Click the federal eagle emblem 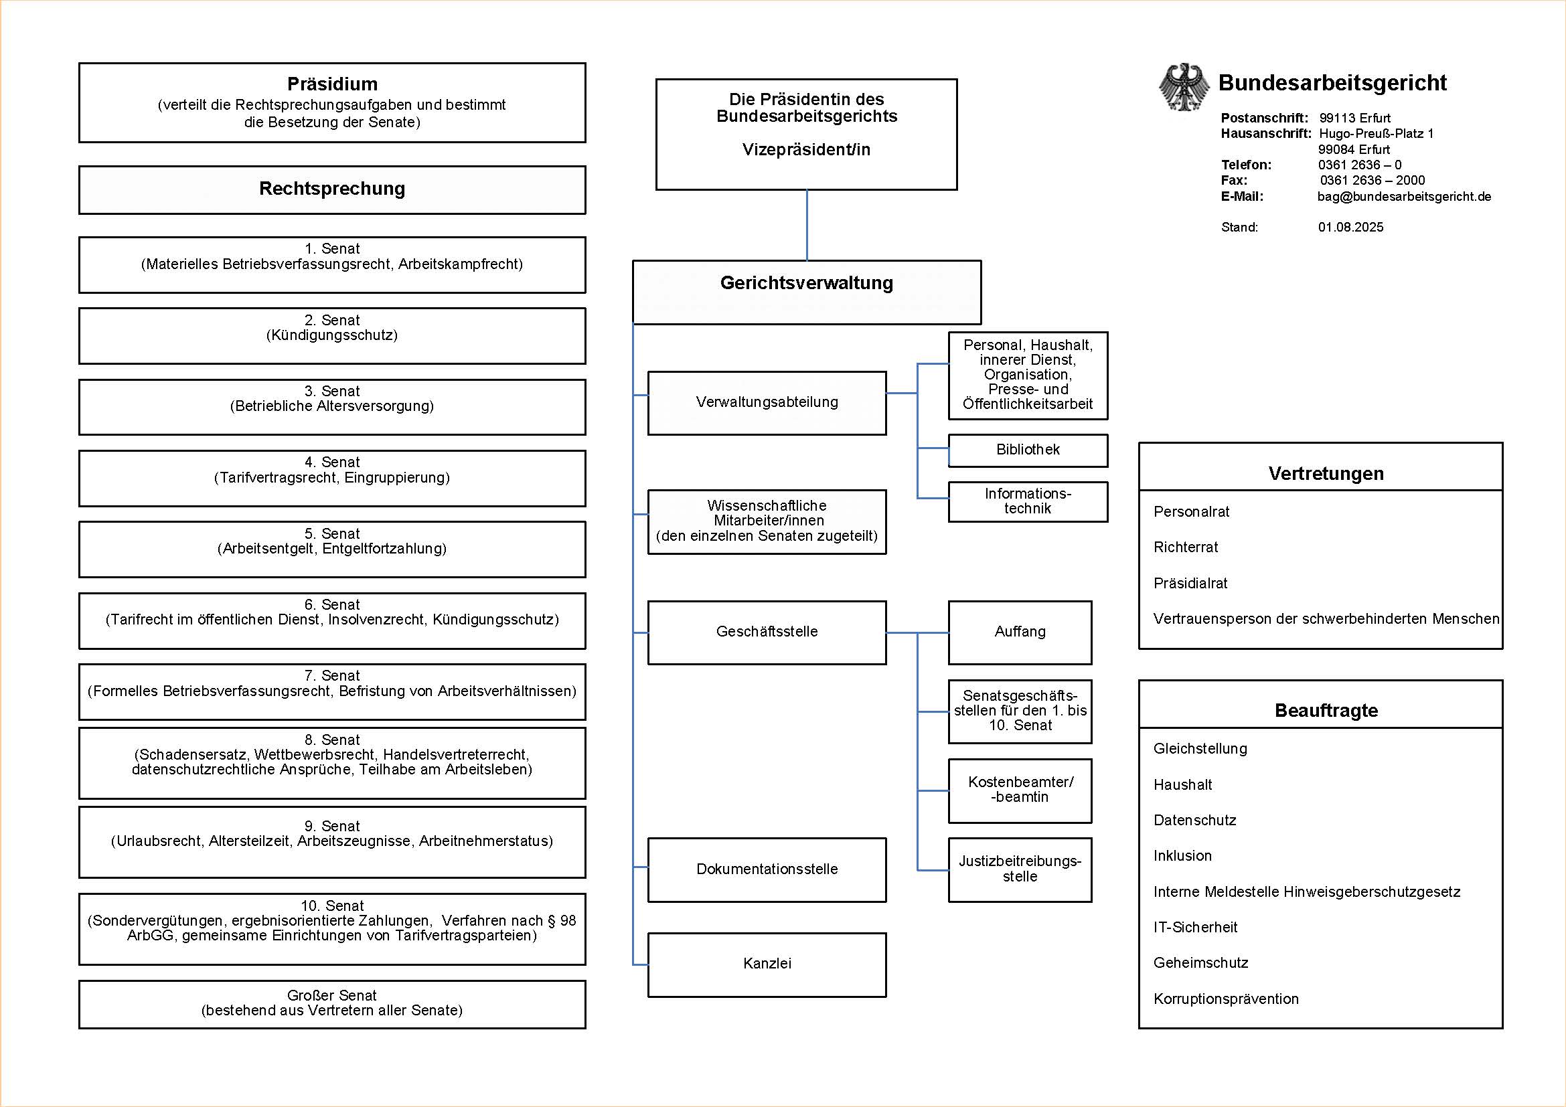(1185, 87)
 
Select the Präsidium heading (332, 84)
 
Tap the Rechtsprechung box (332, 189)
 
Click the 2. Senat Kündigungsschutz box (332, 336)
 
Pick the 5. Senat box (332, 549)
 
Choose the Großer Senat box (332, 1004)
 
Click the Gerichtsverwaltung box (807, 292)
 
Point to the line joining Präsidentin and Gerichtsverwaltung (807, 225)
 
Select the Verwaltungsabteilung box (767, 403)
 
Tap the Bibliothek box (1028, 450)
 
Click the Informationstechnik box (1028, 502)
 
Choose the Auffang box (1020, 632)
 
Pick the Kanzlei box (767, 964)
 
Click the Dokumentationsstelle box (767, 870)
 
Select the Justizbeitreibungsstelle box (1020, 870)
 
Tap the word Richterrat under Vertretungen (1186, 547)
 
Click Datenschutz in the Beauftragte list (1194, 820)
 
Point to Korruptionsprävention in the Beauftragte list (1226, 999)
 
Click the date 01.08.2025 (1350, 227)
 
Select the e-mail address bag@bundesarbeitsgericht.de (1404, 196)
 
